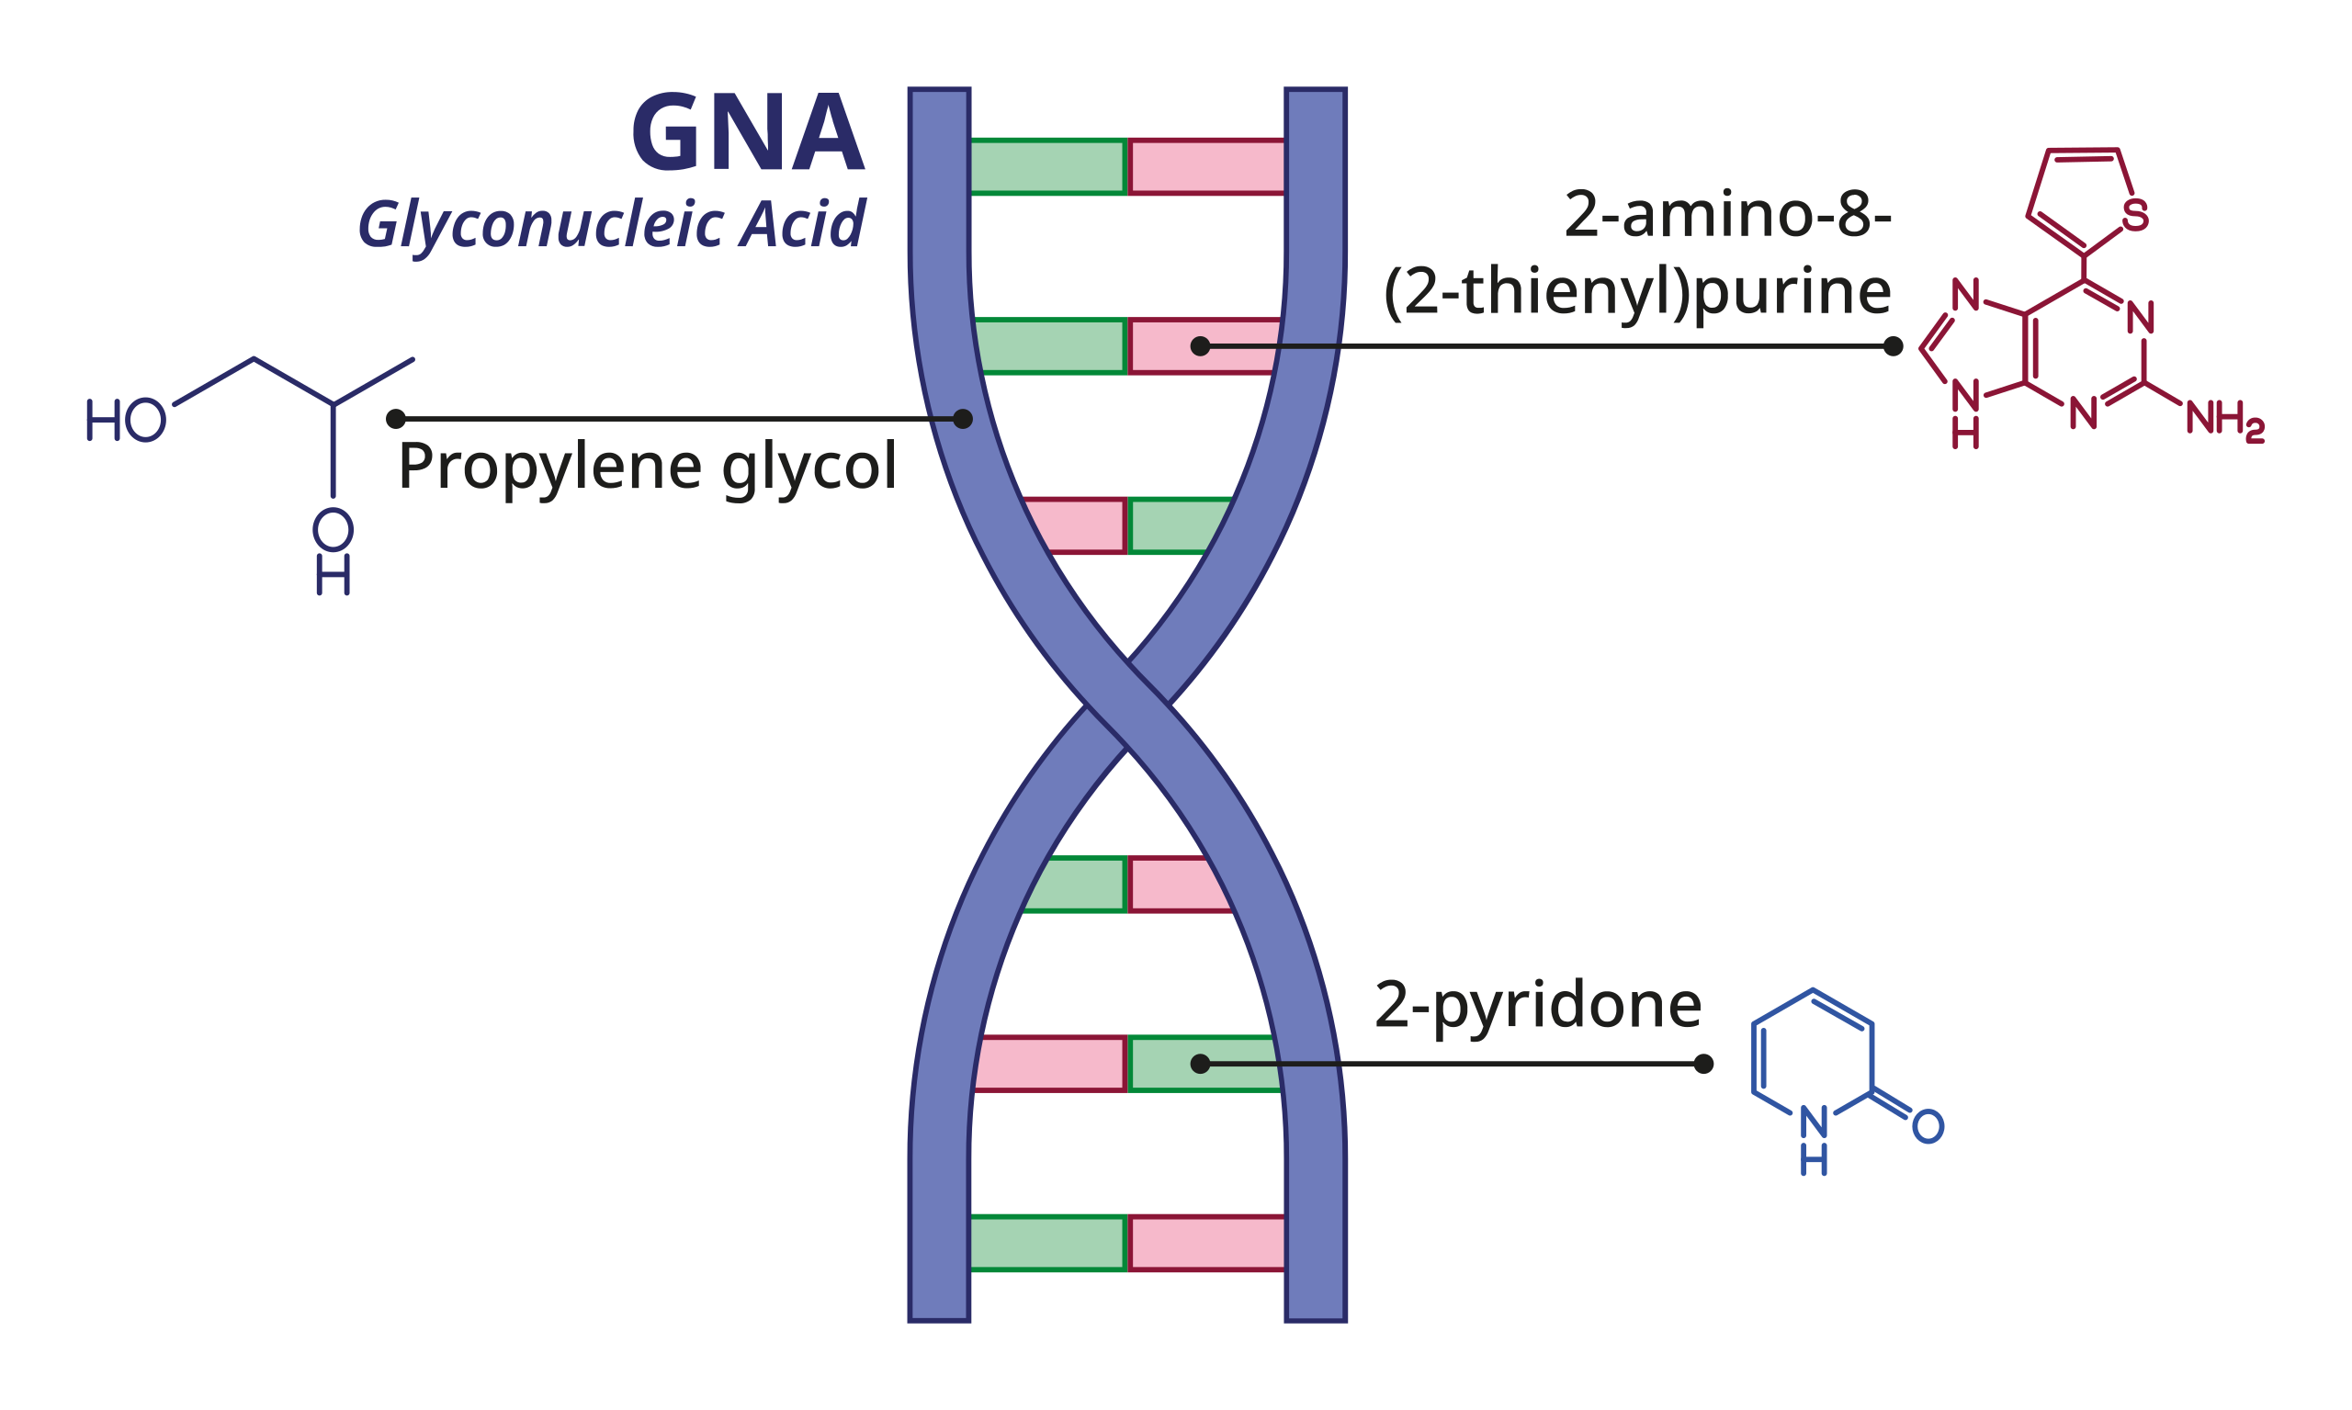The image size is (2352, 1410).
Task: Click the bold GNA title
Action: coord(748,132)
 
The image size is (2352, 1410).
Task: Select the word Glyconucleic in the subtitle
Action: coord(540,225)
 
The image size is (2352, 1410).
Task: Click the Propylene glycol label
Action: coord(647,466)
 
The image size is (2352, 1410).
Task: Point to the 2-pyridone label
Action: coord(1538,1005)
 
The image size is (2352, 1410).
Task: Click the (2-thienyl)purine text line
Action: coord(1637,292)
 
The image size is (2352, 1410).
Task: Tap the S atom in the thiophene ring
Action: coord(2135,216)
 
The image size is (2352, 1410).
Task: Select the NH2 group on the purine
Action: coord(2223,419)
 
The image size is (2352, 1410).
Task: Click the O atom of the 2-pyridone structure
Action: coord(1928,1127)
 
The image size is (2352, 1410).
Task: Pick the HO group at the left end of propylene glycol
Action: coord(126,420)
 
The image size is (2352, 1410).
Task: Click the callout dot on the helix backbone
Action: coord(963,419)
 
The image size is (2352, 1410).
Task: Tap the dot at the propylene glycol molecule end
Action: coord(396,419)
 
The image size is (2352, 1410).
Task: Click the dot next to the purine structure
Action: coord(1893,346)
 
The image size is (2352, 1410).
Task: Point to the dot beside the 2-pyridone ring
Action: coord(1704,1063)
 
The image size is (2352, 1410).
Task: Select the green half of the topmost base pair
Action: coord(1048,167)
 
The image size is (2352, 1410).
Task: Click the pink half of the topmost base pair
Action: coord(1207,167)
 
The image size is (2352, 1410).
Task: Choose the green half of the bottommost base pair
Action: coord(1048,1243)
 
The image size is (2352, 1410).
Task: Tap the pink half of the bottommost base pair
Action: coord(1207,1243)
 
